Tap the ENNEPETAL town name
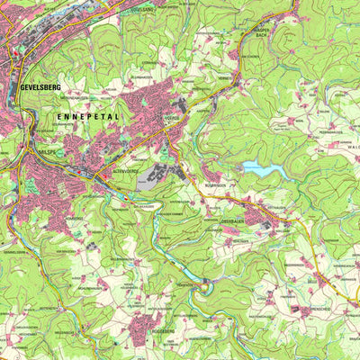[x=86, y=117]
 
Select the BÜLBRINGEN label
[x=220, y=184]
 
